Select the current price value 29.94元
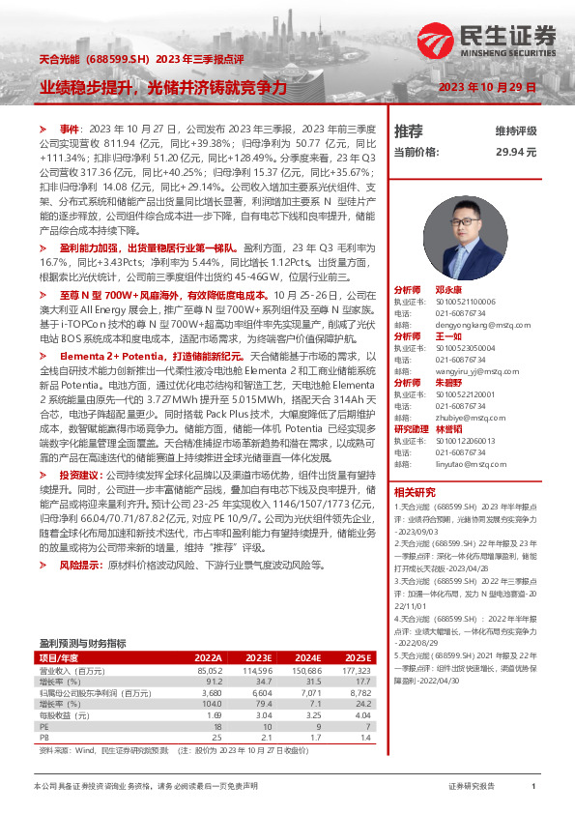[516, 153]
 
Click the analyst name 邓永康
[448, 290]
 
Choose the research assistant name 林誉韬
[448, 428]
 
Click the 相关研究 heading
[415, 492]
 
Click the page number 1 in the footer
[533, 787]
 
